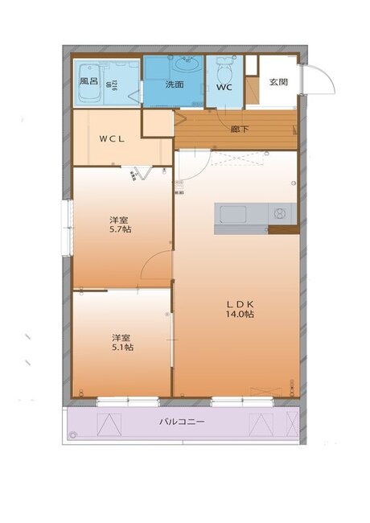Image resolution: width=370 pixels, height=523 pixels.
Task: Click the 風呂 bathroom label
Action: coord(88,81)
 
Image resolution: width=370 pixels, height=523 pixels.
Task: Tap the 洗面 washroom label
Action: coord(175,84)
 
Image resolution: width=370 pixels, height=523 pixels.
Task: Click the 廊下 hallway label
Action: coord(239,129)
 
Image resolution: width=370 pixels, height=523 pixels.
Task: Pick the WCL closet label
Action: coord(111,138)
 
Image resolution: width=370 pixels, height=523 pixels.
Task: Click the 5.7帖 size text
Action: coord(121,229)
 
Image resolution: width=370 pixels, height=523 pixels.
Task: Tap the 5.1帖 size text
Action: coord(122,347)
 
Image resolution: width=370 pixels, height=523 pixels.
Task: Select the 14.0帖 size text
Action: coord(240,315)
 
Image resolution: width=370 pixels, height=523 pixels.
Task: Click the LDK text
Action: coord(240,303)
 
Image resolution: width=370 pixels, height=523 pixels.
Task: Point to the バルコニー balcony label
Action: coord(182,422)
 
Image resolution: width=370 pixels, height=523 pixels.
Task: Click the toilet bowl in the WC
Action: coord(224,68)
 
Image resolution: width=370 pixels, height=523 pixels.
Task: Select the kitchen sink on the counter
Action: coord(232,214)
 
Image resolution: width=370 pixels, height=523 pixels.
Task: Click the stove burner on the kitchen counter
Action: coord(279,214)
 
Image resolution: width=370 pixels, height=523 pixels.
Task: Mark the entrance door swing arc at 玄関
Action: coord(320,79)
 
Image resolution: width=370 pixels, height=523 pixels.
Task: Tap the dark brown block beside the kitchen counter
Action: coord(283,231)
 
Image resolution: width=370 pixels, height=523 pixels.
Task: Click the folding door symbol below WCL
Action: coord(142,173)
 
